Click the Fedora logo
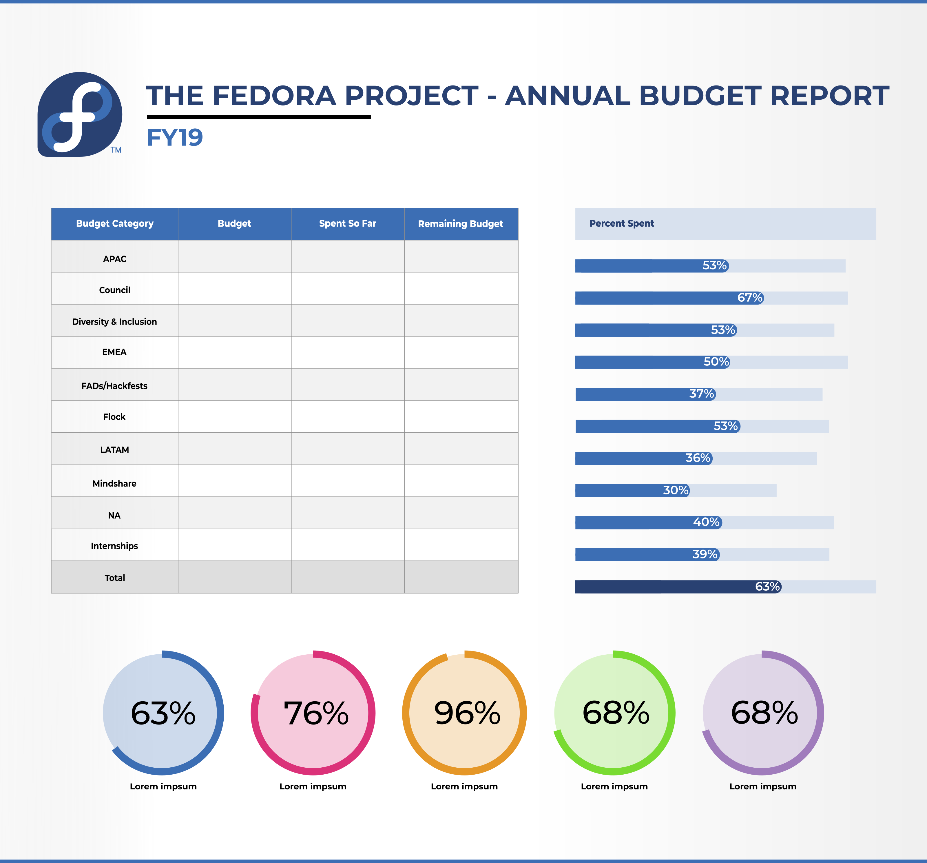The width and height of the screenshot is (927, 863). (80, 114)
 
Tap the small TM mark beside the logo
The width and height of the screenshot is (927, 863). (116, 150)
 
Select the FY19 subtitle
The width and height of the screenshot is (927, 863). (175, 138)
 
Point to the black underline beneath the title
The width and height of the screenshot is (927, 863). (259, 116)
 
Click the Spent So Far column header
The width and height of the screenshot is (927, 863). (347, 223)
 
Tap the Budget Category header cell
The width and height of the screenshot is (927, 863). (115, 223)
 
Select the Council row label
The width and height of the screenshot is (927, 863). (115, 290)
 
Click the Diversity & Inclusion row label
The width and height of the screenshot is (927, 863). (115, 322)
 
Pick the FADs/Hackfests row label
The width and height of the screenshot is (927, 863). (115, 386)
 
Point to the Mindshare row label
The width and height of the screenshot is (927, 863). (115, 483)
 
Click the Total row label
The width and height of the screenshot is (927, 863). (115, 578)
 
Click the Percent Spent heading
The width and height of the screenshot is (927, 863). (622, 223)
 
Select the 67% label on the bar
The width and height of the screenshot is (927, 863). (750, 298)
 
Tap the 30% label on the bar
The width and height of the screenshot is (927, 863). (676, 490)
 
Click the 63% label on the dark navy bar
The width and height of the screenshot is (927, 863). (767, 586)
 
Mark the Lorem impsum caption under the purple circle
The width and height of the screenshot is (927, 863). (763, 786)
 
